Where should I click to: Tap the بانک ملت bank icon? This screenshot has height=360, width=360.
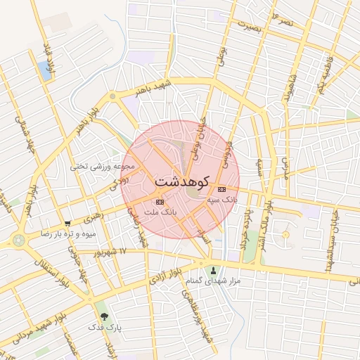coord(159,202)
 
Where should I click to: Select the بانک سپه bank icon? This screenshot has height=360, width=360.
coord(222,189)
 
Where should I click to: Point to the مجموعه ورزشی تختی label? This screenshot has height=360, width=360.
coord(101,167)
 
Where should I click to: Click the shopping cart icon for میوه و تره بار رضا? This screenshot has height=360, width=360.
coord(67,224)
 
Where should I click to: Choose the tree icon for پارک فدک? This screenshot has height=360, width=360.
coord(105,316)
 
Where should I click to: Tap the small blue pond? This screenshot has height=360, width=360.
coord(46,70)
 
